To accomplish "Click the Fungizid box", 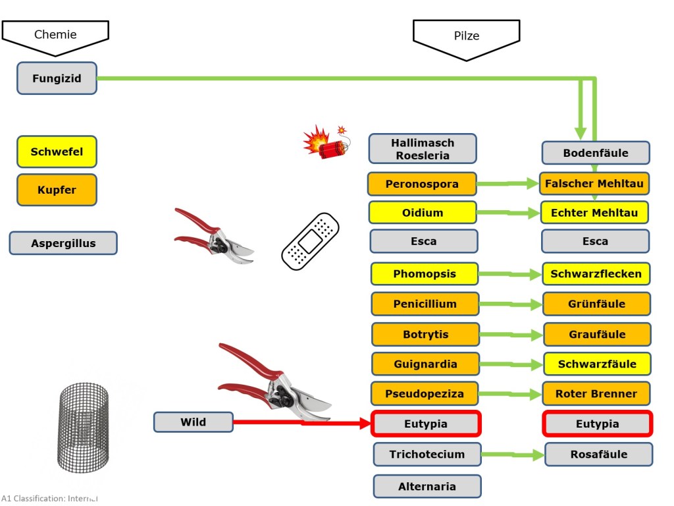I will tap(57, 78).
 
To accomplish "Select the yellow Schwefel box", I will tap(57, 152).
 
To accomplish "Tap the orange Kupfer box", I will tap(57, 190).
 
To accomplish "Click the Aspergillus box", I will tap(63, 243).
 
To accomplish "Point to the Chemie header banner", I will tap(55, 36).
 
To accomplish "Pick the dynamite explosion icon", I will tap(326, 142).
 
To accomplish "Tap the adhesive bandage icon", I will tap(311, 241).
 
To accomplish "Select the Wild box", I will tap(193, 422).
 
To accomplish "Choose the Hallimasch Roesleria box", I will tap(423, 149).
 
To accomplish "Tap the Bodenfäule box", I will tap(595, 153).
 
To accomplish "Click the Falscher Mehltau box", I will tap(594, 183).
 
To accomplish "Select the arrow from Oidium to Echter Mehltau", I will tap(509, 213).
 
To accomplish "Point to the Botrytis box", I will tap(425, 334).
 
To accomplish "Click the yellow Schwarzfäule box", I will tap(597, 364).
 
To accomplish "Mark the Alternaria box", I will tap(427, 486).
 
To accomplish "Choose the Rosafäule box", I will tap(598, 454).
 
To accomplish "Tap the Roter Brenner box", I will tap(596, 394).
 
